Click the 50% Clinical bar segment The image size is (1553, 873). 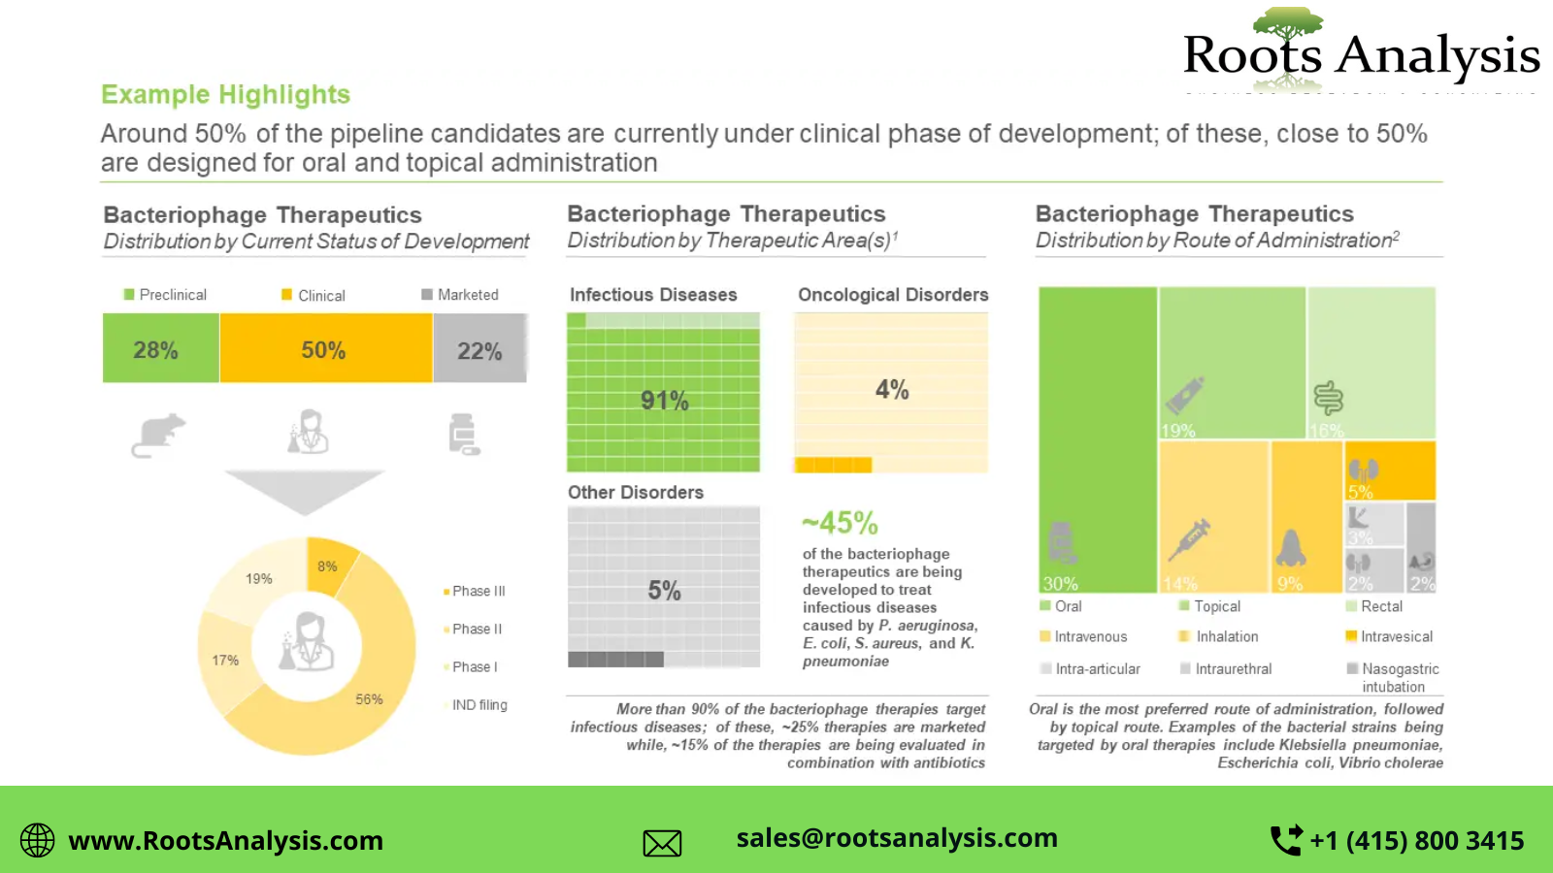[x=324, y=349]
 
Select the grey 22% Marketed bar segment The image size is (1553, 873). [x=479, y=349]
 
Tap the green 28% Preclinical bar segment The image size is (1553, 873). [x=160, y=349]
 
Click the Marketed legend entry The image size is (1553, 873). [x=460, y=295]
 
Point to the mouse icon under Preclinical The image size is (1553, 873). [x=158, y=435]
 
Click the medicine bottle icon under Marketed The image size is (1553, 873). [x=463, y=435]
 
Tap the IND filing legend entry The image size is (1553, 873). [x=479, y=705]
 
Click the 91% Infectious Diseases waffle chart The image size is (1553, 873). [x=664, y=393]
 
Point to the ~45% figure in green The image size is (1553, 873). [x=840, y=524]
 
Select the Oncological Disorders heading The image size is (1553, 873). [x=893, y=295]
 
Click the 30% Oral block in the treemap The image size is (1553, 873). [x=1098, y=436]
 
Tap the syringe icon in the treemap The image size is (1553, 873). [x=1189, y=539]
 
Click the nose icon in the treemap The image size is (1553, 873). [x=1290, y=548]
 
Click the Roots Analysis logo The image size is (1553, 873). [x=1361, y=52]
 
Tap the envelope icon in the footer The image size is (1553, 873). [x=662, y=843]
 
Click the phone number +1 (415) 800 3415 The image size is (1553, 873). [x=1416, y=840]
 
